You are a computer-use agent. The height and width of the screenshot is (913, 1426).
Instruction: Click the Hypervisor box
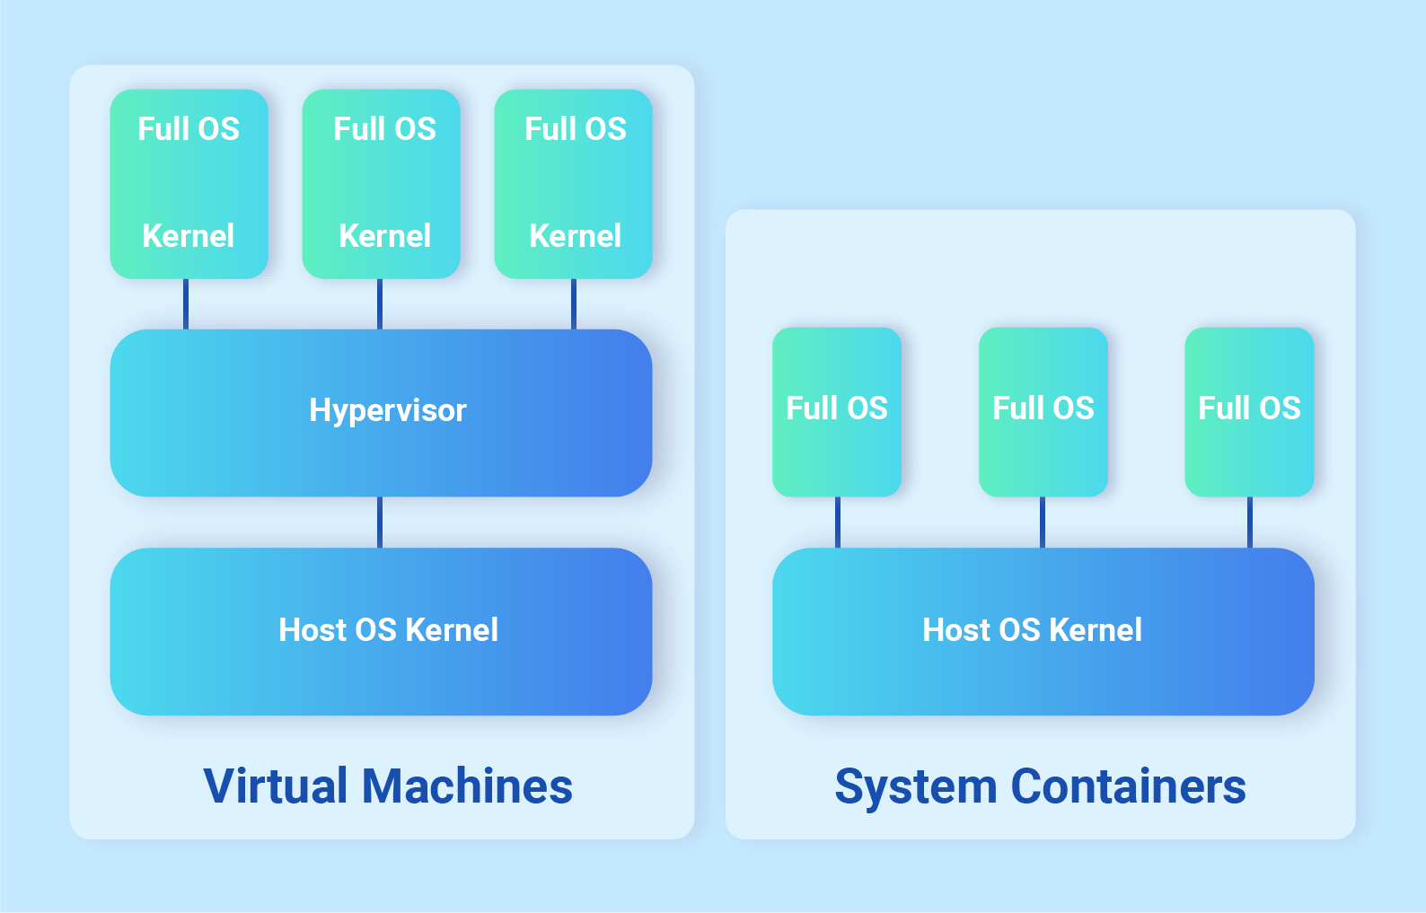(x=381, y=412)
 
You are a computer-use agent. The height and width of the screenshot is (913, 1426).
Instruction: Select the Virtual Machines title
(x=388, y=786)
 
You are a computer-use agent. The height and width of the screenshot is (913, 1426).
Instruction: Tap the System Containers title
(x=1040, y=786)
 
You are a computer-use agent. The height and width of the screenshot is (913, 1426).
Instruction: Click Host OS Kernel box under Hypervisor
(x=381, y=631)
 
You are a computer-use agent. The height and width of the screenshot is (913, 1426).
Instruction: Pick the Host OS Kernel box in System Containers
(x=1043, y=631)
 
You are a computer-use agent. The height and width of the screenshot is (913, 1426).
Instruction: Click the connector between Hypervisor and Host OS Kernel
(x=380, y=522)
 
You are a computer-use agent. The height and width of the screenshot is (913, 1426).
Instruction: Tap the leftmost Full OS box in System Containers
(x=837, y=411)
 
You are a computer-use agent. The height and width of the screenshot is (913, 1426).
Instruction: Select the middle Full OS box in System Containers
(x=1043, y=411)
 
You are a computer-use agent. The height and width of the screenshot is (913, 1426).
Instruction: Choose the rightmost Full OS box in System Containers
(x=1249, y=411)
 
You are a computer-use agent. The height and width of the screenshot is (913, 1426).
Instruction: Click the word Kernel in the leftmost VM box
(x=189, y=236)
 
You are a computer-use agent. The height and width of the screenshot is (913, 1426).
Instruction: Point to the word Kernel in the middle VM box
(x=384, y=236)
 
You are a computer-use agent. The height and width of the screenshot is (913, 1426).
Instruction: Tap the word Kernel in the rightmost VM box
(x=575, y=236)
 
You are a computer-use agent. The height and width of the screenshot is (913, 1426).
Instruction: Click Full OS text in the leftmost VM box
(x=189, y=129)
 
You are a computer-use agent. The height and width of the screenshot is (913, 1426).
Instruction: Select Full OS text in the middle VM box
(x=384, y=129)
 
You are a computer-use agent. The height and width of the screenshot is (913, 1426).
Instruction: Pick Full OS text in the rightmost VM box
(x=575, y=129)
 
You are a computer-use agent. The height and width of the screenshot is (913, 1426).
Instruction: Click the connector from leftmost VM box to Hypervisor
(x=186, y=303)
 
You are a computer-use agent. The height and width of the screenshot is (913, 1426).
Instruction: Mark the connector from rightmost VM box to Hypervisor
(x=574, y=303)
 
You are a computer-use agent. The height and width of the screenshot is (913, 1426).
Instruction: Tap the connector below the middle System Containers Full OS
(x=1043, y=522)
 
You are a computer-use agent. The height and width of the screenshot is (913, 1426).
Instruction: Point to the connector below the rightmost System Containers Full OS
(x=1249, y=522)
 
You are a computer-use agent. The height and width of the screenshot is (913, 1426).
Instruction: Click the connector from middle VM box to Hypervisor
(x=380, y=303)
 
